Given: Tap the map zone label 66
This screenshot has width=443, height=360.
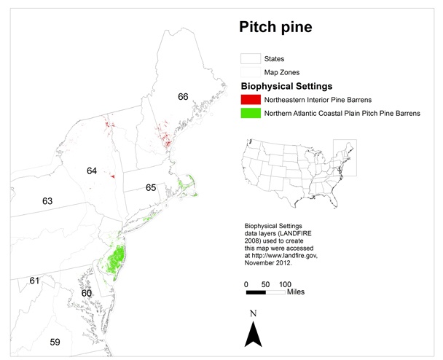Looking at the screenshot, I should (182, 96).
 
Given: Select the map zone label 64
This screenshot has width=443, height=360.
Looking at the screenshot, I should (91, 171).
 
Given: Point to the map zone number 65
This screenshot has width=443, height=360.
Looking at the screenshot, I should (151, 187).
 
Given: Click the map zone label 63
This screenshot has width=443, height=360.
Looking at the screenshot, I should (47, 200).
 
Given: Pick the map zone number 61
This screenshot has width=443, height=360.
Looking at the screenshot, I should (34, 280).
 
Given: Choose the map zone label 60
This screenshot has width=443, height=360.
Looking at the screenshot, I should (87, 293).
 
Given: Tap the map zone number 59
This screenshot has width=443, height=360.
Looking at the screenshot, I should (54, 342).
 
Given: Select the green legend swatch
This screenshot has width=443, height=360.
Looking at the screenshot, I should (251, 113).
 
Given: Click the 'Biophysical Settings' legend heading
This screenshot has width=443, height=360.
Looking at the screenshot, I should (290, 85).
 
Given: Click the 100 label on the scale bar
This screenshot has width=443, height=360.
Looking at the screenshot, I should (285, 283).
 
